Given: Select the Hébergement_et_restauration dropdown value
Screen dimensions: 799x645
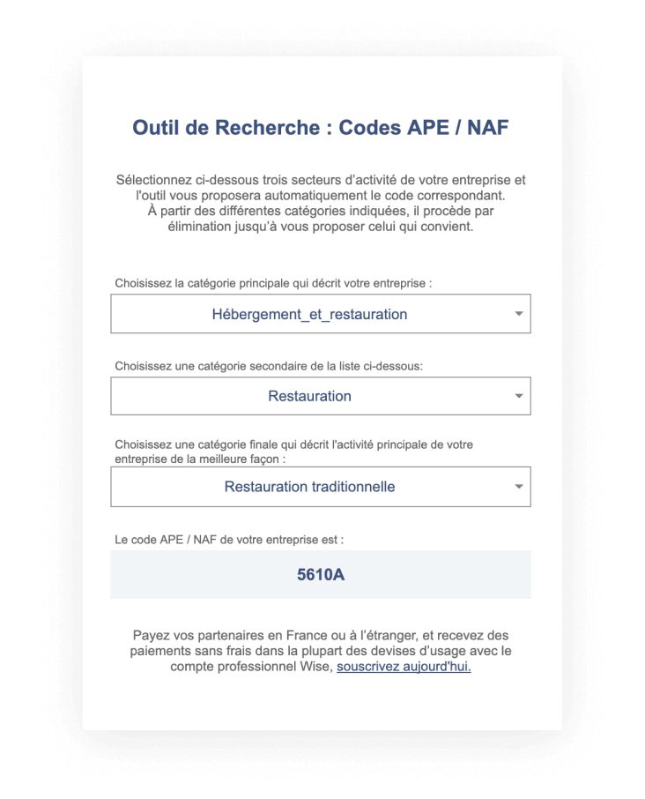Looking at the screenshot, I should (309, 314).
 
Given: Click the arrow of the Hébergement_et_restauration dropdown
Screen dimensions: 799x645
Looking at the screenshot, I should (519, 314).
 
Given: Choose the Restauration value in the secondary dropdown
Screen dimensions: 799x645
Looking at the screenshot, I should (309, 396).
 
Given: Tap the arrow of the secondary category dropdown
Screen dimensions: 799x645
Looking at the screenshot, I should (519, 396).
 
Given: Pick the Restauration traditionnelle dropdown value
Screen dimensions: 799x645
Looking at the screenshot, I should (309, 487).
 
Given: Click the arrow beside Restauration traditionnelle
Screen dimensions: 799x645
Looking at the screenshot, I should (519, 487).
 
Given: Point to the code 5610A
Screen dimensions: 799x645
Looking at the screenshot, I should (321, 575).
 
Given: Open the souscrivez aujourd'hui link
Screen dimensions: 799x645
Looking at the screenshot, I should (404, 668).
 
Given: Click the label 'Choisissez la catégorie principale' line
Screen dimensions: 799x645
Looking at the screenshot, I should (273, 283).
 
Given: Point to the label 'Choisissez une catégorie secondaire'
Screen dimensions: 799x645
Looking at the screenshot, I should (269, 366).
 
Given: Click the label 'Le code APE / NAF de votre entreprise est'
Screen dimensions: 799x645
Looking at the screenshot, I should (229, 539).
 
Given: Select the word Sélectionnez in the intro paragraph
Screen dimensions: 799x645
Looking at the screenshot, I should (156, 180).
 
